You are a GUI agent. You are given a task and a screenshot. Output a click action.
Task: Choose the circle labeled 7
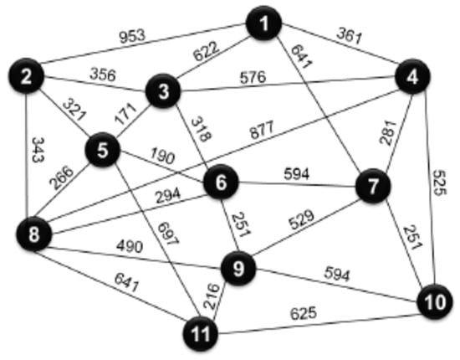point(373,185)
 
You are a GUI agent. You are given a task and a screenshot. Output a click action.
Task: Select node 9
point(238,270)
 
